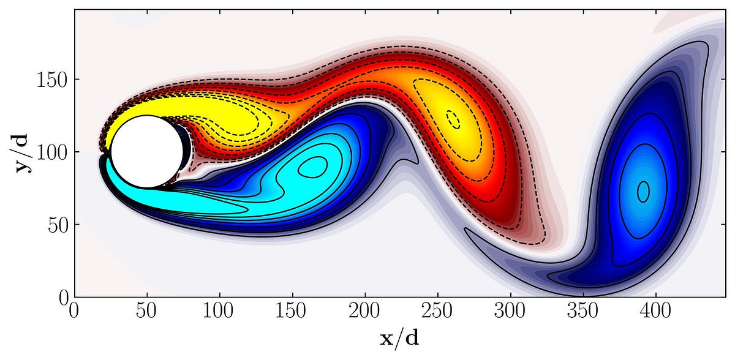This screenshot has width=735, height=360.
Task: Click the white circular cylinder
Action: (x=147, y=152)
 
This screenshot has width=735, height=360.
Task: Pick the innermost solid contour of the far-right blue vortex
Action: (x=643, y=192)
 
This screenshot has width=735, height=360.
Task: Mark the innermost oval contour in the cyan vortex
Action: (x=312, y=167)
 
